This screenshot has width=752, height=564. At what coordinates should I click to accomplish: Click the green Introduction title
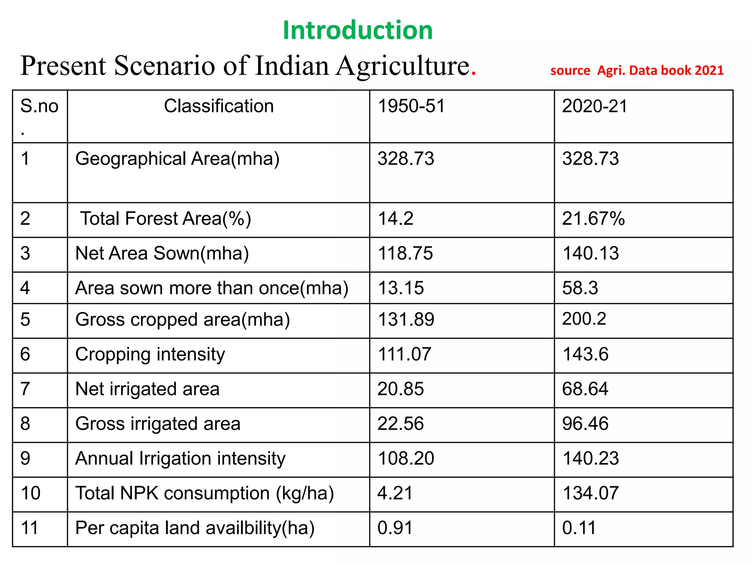coord(358,30)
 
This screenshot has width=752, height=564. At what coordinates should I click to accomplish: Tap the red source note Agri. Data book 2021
coord(637,70)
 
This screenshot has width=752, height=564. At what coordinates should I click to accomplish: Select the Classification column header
coord(219,106)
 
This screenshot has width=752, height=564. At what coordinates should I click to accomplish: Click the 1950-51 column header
coord(411,106)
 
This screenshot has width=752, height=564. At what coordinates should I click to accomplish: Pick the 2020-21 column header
coord(595,106)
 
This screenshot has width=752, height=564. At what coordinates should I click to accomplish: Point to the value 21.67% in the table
coord(593,218)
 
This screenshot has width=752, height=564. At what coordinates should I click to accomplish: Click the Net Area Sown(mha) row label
coord(162,253)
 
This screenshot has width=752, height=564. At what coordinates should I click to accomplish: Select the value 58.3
coord(580,288)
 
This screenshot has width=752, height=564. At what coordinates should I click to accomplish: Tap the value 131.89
coord(406,319)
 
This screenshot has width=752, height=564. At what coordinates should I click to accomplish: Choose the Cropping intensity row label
coord(150,354)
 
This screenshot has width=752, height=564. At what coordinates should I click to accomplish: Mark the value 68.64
coord(585,389)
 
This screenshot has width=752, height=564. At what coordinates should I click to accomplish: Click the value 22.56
coord(401,424)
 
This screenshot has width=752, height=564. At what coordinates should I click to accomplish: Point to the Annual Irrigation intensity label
coord(180,459)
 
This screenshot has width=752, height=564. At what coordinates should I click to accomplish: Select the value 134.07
coord(591,493)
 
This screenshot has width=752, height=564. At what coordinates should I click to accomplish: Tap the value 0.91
coord(395,528)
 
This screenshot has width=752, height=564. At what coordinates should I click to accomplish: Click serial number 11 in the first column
coord(30,528)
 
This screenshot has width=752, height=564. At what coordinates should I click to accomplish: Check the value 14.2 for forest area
coord(396,218)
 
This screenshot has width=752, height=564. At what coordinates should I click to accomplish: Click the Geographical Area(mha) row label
coord(177,159)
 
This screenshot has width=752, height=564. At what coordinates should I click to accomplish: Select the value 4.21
coord(395,493)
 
